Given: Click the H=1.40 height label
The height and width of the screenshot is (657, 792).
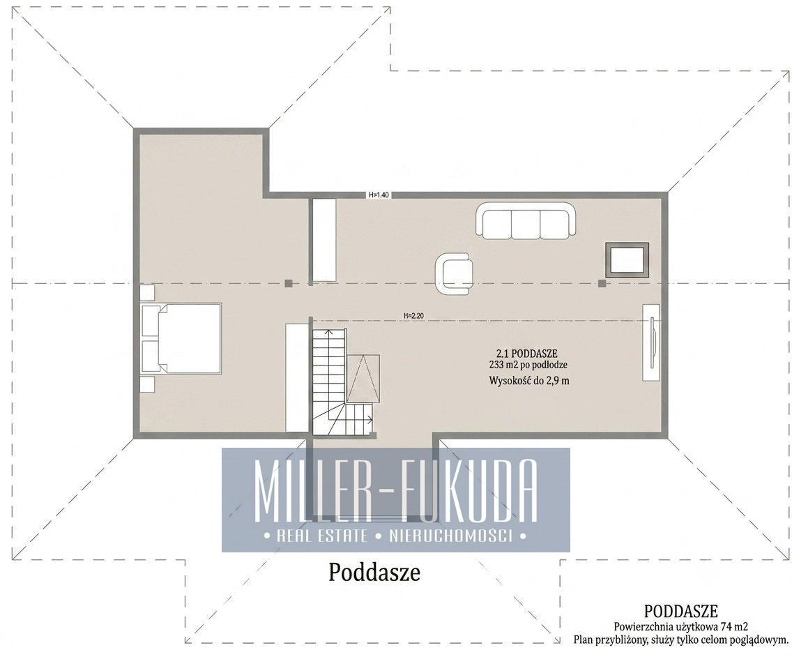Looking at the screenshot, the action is click(379, 195).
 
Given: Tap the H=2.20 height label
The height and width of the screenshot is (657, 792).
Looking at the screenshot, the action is click(413, 317).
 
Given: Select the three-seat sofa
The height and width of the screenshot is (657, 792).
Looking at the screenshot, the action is click(526, 220).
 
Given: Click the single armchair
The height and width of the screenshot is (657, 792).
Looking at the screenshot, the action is click(455, 274).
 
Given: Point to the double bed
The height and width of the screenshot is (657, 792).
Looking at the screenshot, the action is click(182, 338).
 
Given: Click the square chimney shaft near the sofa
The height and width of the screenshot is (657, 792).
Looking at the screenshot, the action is click(627, 259).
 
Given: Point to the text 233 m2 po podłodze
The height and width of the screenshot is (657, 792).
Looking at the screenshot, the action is click(529, 365).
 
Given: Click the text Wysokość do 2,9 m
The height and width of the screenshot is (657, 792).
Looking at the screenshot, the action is click(529, 381).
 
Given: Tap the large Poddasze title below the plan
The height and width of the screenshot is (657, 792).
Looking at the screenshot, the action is click(374, 573).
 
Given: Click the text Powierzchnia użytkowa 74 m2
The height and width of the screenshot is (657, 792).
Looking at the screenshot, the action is click(681, 627).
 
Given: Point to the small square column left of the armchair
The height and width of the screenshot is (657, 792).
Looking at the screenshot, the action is click(288, 284).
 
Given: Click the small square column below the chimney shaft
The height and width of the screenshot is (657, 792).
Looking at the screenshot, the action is click(602, 284).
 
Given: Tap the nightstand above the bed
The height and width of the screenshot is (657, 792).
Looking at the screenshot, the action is click(148, 293).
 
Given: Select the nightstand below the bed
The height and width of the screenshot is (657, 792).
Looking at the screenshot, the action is click(148, 384).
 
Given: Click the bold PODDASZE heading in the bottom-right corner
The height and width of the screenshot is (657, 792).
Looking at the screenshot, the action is click(681, 611).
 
